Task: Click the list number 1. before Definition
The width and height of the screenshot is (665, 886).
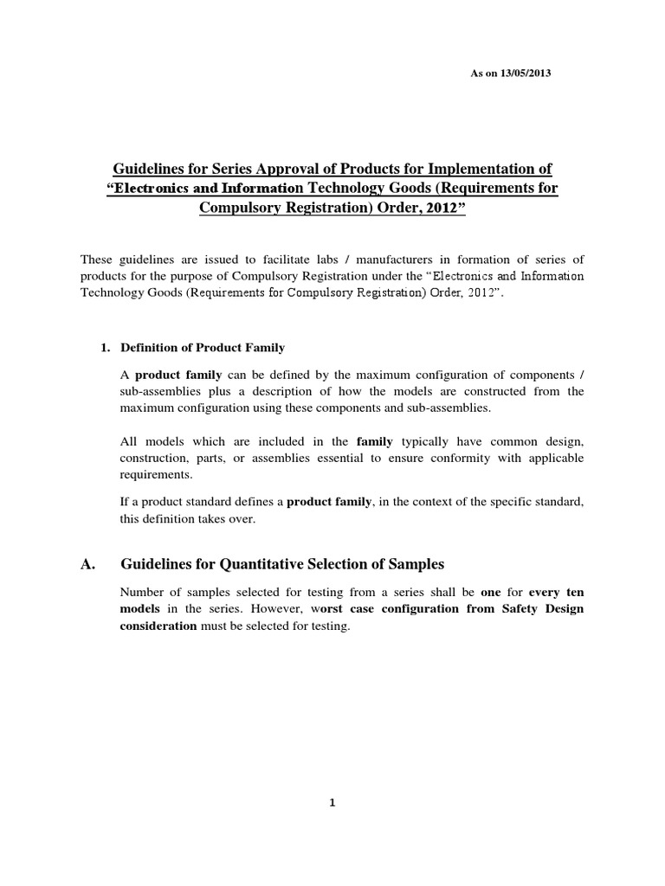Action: [107, 347]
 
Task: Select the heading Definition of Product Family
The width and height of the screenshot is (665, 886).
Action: [202, 347]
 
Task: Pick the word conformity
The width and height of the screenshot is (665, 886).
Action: [449, 458]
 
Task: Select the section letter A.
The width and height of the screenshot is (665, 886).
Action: [87, 564]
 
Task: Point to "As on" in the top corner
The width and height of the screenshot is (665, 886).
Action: [481, 74]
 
